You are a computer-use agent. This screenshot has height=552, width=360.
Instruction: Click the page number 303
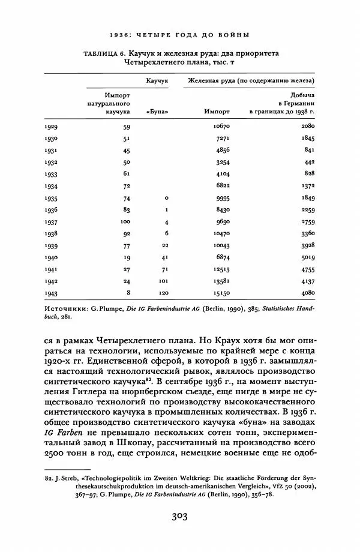point(180,518)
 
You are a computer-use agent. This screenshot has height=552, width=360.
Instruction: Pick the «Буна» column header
point(157,112)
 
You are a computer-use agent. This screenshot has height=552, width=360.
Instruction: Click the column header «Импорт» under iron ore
point(217,112)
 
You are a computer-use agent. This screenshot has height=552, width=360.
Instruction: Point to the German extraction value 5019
point(307,257)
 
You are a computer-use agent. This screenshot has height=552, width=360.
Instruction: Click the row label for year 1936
point(52,209)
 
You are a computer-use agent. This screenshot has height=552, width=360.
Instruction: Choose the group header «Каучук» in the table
point(157,80)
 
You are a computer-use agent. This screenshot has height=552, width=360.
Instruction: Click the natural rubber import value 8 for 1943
point(128,292)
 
